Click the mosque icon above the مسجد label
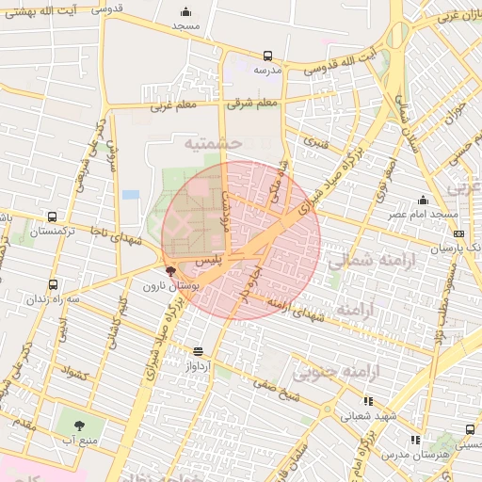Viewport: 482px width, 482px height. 186,12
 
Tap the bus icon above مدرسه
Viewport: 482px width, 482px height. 267,56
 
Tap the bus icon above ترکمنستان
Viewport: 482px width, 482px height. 50,216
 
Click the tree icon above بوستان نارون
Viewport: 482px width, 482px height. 170,270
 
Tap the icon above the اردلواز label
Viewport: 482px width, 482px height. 198,352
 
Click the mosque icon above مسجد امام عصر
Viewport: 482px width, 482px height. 423,200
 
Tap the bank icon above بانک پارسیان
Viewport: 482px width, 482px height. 458,234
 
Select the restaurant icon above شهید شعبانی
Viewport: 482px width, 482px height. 367,401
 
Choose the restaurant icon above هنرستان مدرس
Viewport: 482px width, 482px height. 414,440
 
